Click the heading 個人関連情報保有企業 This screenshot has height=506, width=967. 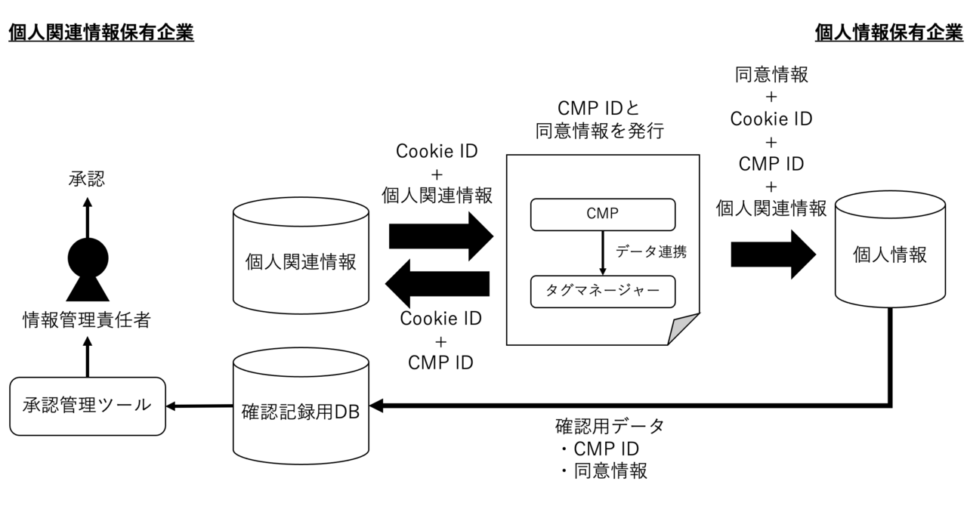101,32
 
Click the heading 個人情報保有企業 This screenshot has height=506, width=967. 889,32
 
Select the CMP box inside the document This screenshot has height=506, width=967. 602,214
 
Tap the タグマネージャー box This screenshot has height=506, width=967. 602,292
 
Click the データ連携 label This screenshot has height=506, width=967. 651,252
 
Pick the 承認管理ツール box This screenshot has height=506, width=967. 88,406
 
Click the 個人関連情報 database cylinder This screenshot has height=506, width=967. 301,261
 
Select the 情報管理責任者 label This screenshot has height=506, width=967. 86,320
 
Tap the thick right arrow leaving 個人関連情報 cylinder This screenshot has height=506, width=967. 440,236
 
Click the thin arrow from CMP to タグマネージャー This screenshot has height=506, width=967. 602,252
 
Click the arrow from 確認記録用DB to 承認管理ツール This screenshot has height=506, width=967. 199,406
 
